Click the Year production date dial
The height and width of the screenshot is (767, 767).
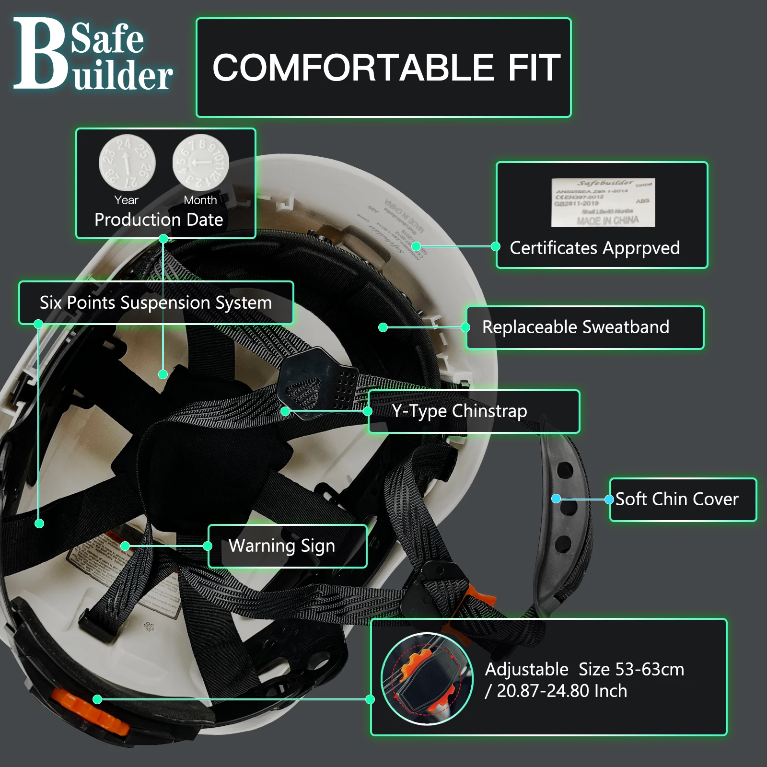(127, 163)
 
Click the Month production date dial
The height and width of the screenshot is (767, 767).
(200, 163)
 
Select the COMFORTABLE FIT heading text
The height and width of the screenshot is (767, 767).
(386, 68)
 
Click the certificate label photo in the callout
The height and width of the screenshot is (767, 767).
(603, 202)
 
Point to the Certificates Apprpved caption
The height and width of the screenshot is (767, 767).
(594, 248)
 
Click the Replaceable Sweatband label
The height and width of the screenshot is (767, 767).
(575, 327)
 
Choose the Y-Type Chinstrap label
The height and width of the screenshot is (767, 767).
(459, 411)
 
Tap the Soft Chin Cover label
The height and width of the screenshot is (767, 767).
(677, 499)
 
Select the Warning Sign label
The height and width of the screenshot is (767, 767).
(282, 546)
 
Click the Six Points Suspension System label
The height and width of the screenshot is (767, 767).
(156, 302)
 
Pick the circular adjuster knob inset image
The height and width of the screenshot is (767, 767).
(427, 679)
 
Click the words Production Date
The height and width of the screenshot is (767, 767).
(159, 220)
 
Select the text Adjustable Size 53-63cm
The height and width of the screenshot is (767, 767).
(584, 669)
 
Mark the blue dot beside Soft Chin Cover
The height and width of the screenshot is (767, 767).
(556, 499)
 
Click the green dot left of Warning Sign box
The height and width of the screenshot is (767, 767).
(125, 546)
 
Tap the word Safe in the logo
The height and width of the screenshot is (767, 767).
(107, 38)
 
